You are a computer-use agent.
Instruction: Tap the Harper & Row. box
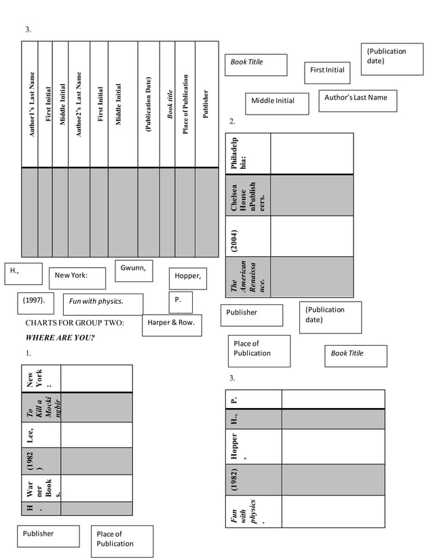pyautogui.click(x=171, y=325)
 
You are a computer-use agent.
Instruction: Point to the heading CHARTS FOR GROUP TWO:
pyautogui.click(x=75, y=323)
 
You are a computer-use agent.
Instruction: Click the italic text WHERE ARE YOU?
pyautogui.click(x=60, y=338)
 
